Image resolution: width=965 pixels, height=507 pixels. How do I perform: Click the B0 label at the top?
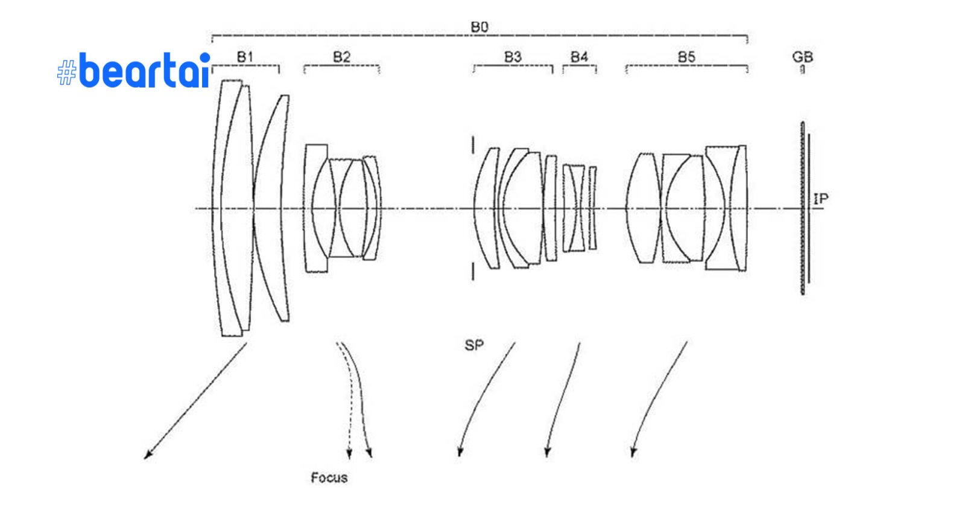pyautogui.click(x=479, y=28)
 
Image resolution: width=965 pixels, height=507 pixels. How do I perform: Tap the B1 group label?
pyautogui.click(x=245, y=57)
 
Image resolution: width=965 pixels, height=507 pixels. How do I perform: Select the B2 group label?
pyautogui.click(x=341, y=57)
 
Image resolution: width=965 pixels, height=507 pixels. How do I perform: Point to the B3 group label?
pyautogui.click(x=513, y=57)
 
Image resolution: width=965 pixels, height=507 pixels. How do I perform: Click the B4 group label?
pyautogui.click(x=579, y=57)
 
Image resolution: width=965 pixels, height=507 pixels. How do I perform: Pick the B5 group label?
pyautogui.click(x=686, y=57)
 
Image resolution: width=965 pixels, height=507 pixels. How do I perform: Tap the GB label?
pyautogui.click(x=802, y=57)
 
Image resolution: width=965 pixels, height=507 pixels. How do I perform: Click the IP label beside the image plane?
pyautogui.click(x=821, y=199)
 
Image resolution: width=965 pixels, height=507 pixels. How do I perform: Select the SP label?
pyautogui.click(x=474, y=345)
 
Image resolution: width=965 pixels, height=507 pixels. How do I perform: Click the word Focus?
pyautogui.click(x=329, y=478)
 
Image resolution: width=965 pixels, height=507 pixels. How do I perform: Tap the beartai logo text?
pyautogui.click(x=145, y=71)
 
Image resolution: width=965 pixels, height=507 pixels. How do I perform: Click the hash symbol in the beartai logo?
pyautogui.click(x=66, y=73)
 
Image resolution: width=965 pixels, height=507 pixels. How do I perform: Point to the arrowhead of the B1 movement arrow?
pyautogui.click(x=147, y=457)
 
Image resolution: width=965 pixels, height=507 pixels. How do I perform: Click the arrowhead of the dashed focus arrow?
pyautogui.click(x=349, y=455)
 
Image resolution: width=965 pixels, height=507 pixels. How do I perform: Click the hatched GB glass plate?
pyautogui.click(x=803, y=208)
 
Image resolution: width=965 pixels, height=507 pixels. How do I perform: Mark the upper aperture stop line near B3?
pyautogui.click(x=473, y=145)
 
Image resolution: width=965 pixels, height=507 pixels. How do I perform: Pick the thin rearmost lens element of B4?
pyautogui.click(x=593, y=208)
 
